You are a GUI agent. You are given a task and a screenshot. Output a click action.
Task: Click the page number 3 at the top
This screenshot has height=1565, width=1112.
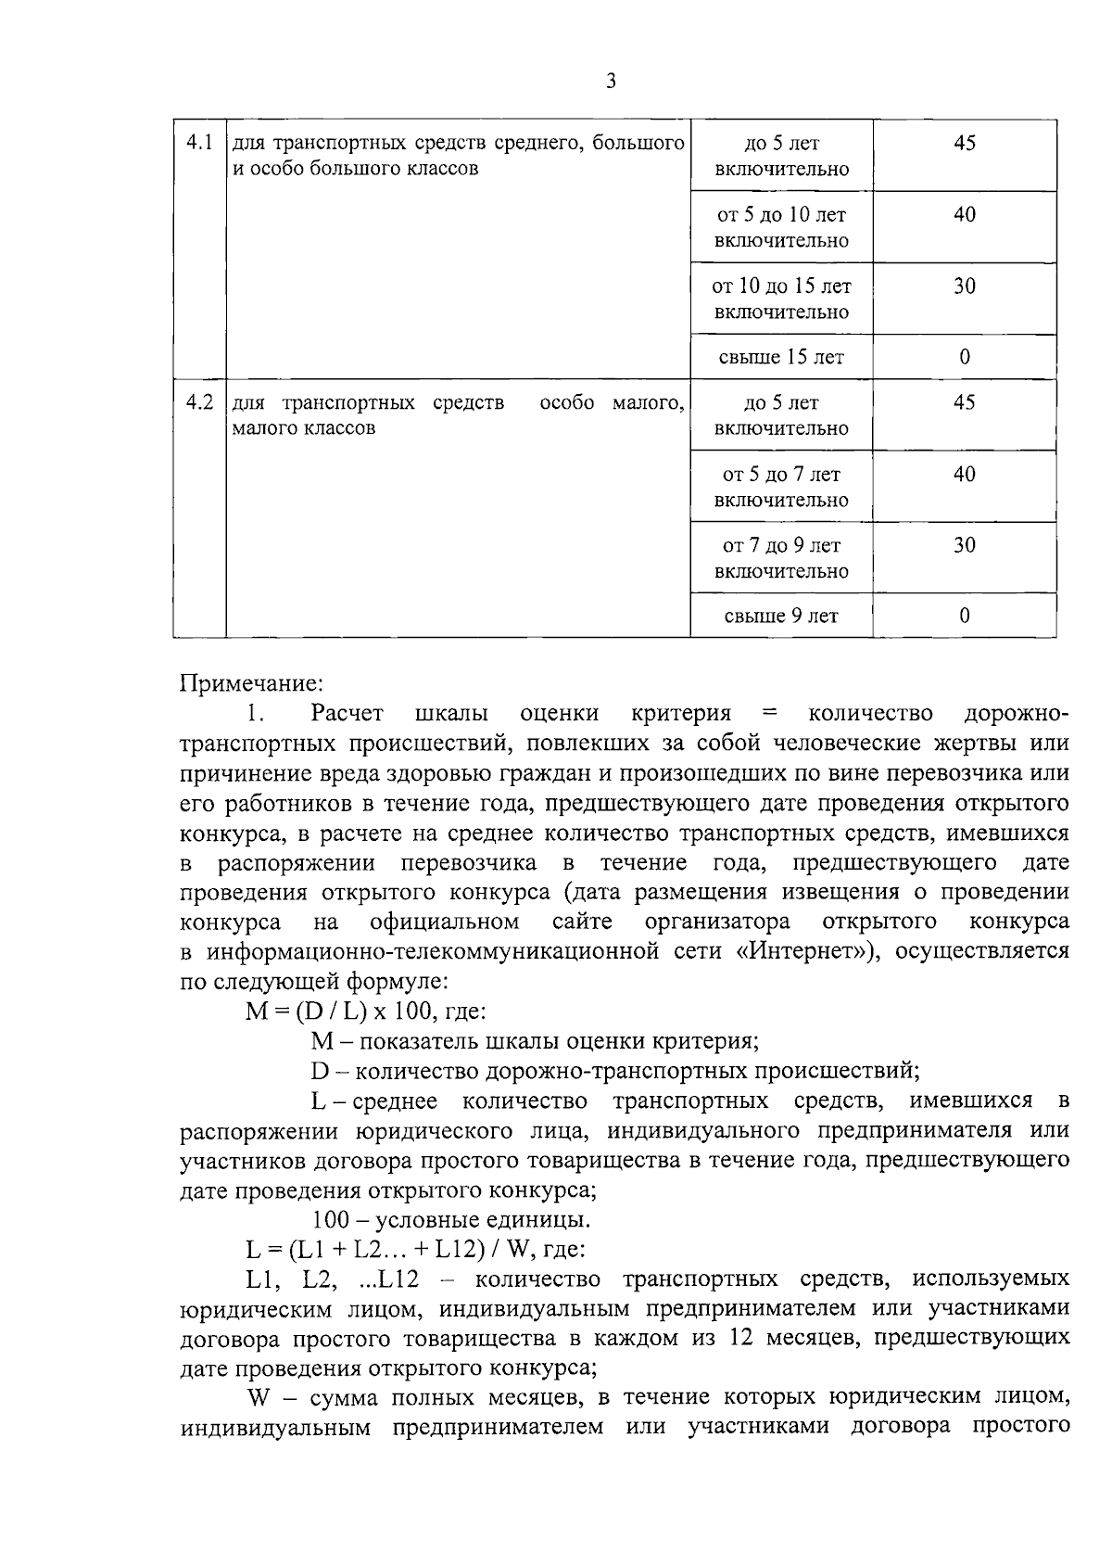[611, 81]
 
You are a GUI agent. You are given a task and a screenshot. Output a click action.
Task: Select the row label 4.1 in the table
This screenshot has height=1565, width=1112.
[199, 143]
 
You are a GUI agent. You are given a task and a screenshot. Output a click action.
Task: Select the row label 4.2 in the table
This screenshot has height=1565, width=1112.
[199, 402]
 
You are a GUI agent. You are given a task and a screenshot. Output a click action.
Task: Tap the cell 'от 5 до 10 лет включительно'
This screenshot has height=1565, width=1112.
[781, 227]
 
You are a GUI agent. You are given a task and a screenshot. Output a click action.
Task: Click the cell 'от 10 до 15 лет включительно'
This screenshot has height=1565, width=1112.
[781, 299]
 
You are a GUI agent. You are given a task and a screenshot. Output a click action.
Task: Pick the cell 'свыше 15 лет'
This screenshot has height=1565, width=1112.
[781, 357]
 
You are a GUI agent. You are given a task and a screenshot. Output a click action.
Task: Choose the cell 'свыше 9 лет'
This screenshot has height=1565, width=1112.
[781, 616]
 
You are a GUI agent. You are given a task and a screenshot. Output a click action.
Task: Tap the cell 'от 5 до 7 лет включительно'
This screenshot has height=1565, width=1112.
[781, 487]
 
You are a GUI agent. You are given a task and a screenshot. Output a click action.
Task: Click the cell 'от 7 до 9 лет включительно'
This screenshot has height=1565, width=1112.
[781, 558]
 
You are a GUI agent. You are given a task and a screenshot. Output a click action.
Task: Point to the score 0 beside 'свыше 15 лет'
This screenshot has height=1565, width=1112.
[965, 357]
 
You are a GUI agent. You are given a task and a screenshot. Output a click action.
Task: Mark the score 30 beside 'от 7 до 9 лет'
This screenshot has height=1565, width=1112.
[965, 545]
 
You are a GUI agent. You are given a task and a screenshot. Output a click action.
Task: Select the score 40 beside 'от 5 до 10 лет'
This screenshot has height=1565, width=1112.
[965, 214]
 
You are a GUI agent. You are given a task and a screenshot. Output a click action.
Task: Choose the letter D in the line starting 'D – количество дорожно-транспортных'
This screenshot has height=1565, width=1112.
[320, 1071]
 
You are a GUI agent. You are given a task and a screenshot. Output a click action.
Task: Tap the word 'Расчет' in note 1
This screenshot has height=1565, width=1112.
[344, 713]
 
